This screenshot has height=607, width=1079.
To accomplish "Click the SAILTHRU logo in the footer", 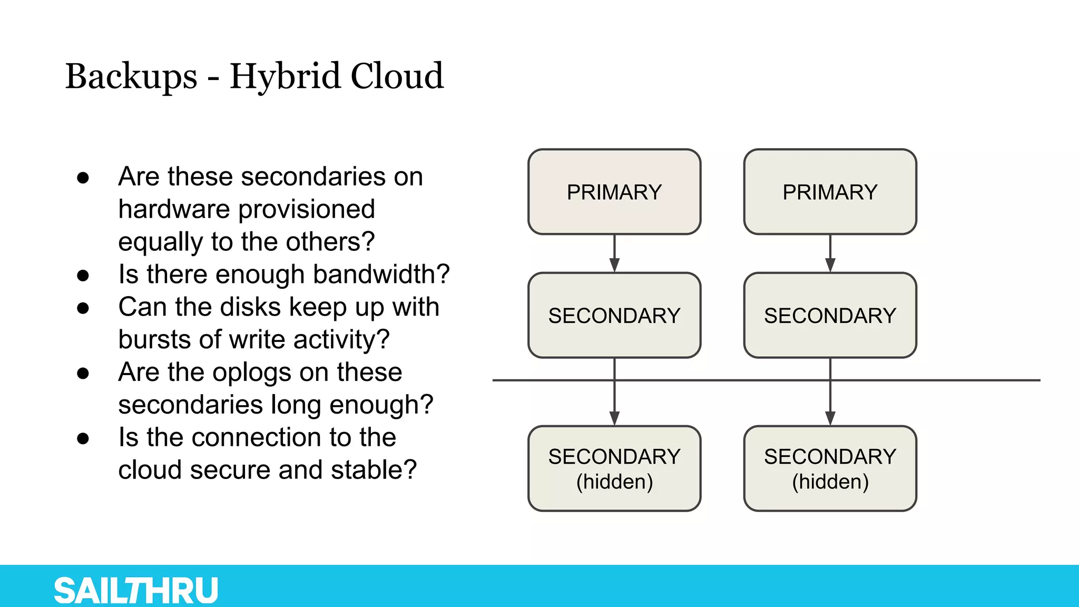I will (136, 590).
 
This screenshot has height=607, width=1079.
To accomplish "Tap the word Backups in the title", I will (131, 76).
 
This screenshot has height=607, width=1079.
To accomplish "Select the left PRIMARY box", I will (614, 192).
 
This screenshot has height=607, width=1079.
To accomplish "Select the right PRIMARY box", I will (830, 192).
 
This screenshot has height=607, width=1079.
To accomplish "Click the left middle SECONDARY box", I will (614, 315).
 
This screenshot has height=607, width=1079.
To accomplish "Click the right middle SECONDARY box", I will (830, 315).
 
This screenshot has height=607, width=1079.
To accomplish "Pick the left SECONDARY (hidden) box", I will (614, 468).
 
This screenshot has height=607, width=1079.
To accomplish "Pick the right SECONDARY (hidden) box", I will (830, 468).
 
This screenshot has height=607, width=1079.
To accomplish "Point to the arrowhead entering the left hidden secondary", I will (614, 418).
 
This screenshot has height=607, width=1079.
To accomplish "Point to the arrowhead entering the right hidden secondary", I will (830, 418).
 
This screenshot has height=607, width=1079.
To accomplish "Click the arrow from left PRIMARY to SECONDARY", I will (614, 253).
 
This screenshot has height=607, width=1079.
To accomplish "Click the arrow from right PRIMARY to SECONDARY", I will (830, 253).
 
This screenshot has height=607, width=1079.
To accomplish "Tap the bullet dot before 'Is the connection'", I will (83, 438).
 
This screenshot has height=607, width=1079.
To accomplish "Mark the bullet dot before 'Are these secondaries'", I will (83, 178).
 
